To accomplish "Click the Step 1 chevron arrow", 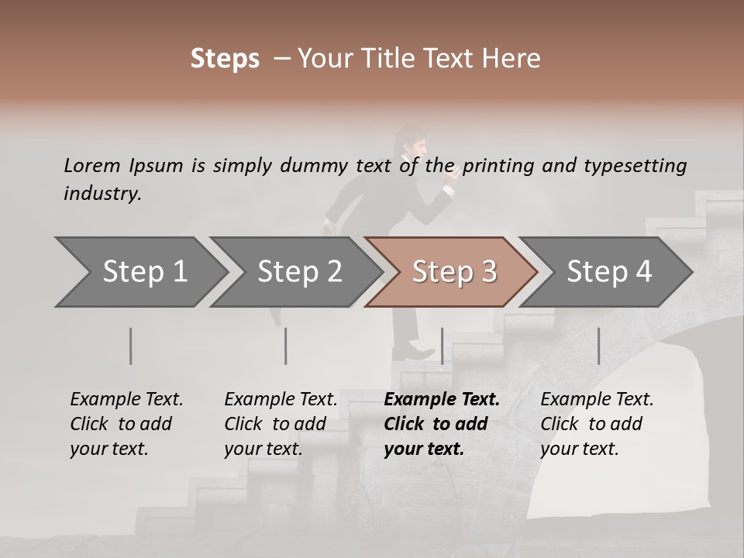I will (x=139, y=272).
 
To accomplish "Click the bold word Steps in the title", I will (x=225, y=59).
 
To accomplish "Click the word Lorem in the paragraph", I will (x=91, y=165).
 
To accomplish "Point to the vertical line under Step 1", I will (x=130, y=346).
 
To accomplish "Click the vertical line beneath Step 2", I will (x=286, y=346).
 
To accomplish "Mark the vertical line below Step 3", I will (x=442, y=346).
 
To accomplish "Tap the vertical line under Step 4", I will (x=598, y=346).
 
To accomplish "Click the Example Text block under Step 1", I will (x=126, y=424).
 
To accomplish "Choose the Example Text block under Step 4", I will (x=597, y=424).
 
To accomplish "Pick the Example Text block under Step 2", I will (x=281, y=424).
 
